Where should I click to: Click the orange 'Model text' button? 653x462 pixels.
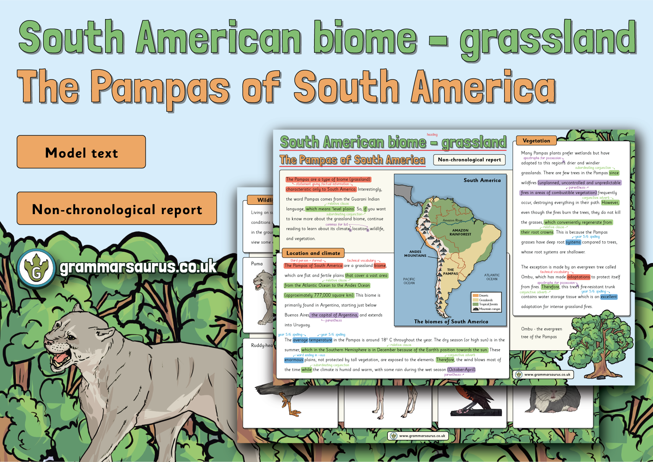81,152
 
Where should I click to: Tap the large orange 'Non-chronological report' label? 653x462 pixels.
117,209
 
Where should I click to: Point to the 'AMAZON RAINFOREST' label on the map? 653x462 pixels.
460,232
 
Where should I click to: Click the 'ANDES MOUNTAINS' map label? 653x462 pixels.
415,254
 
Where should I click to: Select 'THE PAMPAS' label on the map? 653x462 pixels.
450,272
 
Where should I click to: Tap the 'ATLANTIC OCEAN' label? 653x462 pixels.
492,277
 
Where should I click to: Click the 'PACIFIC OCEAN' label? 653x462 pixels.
409,281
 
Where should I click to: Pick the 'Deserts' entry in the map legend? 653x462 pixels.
483,296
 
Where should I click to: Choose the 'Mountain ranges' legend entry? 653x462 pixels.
489,309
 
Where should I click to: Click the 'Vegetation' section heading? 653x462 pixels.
536,141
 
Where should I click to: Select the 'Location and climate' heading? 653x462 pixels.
313,253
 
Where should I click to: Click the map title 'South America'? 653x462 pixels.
482,180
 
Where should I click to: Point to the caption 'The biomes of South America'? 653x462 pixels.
451,322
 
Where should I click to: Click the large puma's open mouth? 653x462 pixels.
61,358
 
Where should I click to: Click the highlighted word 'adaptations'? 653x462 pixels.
578,277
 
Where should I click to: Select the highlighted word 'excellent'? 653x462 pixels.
608,297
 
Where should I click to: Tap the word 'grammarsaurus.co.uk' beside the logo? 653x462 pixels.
138,267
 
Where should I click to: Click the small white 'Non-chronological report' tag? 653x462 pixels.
469,160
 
